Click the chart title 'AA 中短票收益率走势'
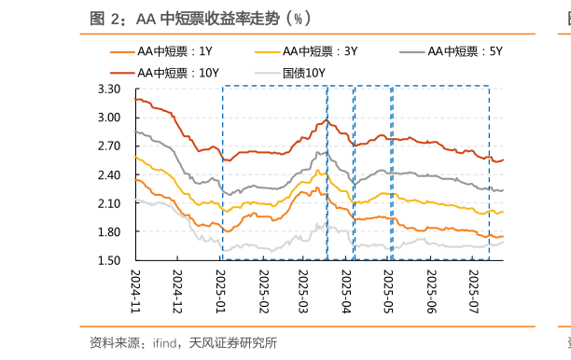pos(201,18)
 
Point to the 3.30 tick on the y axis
pos(109,90)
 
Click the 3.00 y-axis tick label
pos(109,118)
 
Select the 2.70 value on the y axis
pos(109,146)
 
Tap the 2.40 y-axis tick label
pos(109,175)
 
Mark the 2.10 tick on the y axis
pos(109,203)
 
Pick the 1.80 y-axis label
pos(109,232)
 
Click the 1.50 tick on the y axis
pos(109,260)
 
